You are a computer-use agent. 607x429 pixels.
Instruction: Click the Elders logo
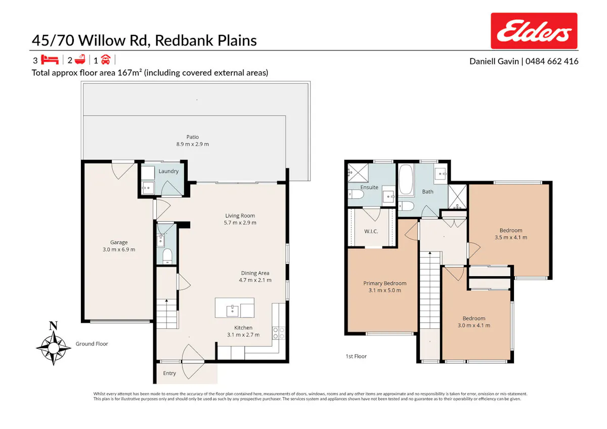click(534, 31)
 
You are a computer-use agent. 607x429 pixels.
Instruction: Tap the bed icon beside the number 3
click(50, 60)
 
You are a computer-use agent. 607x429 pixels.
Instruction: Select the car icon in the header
click(105, 60)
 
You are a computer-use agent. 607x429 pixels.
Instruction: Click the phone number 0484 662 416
click(552, 61)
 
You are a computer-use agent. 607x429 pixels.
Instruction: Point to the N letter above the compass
click(54, 325)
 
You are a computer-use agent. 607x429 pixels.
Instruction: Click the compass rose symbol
click(54, 348)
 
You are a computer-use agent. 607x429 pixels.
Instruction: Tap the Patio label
click(192, 137)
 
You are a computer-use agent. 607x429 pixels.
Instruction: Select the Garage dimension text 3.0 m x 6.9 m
click(119, 249)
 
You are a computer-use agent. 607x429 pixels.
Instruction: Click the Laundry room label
click(168, 171)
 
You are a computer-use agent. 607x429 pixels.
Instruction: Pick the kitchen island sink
click(232, 311)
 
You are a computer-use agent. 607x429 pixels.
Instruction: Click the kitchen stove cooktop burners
click(279, 333)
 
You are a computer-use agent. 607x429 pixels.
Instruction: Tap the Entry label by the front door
click(169, 373)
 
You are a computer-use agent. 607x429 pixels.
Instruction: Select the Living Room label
click(240, 216)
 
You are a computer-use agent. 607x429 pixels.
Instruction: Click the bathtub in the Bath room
click(406, 180)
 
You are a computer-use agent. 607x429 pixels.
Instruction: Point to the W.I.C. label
click(371, 231)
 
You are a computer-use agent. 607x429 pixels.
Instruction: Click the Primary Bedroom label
click(384, 283)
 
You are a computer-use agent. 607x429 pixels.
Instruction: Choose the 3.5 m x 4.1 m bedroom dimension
click(511, 237)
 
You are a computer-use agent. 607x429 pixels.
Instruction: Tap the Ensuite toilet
click(356, 194)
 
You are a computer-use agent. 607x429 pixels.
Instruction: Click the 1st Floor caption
click(356, 356)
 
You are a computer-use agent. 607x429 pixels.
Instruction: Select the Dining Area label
click(255, 273)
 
